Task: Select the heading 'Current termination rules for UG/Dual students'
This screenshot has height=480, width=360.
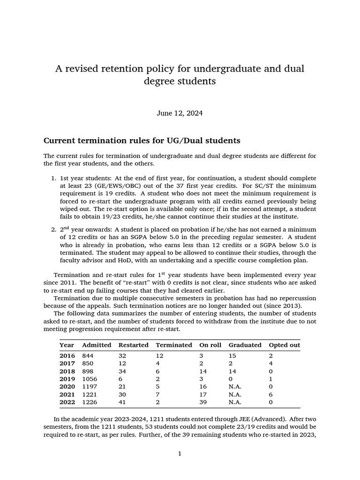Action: coord(142,140)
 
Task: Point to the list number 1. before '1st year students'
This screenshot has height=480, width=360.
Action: coord(53,179)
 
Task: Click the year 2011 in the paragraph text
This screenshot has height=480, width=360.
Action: coord(71,283)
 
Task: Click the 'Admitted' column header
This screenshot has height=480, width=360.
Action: coord(97,345)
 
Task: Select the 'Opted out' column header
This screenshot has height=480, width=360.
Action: coord(284,345)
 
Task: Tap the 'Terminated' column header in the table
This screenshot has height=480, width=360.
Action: coord(173,345)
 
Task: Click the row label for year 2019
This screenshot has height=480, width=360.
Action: coord(67,378)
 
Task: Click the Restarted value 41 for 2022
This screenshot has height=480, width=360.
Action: coord(122,402)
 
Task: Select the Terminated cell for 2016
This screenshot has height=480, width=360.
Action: coord(159,356)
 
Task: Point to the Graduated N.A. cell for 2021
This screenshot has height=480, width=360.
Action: coord(236,394)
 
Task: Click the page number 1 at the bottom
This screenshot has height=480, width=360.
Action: coord(180,453)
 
